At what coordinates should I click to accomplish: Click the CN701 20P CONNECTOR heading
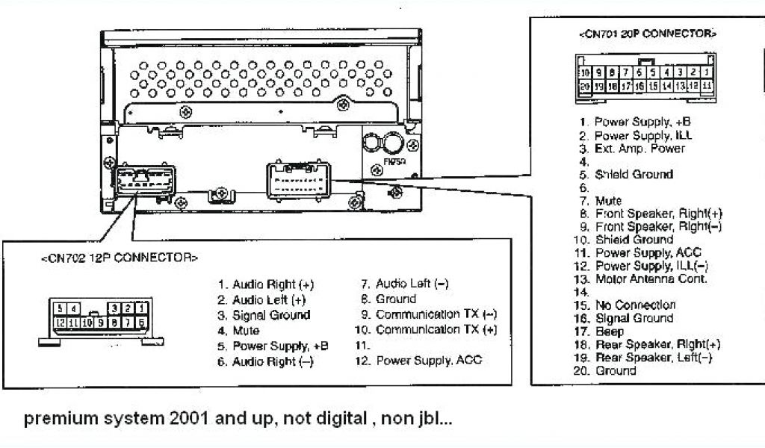pos(647,34)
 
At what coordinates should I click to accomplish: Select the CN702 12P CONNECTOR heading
pos(119,258)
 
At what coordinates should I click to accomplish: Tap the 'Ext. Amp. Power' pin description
pos(639,149)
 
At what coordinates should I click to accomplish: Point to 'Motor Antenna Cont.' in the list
pos(651,279)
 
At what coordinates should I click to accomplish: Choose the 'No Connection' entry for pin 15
pos(635,305)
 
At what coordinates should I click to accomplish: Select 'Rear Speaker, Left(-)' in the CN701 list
pos(654,357)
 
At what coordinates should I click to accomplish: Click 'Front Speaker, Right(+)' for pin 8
pos(658,213)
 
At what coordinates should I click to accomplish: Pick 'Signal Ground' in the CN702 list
pos(270,315)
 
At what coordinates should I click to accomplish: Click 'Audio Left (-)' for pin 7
pos(412,284)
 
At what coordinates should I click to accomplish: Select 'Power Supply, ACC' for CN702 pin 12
pos(429,361)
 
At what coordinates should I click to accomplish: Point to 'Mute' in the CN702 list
pos(246,330)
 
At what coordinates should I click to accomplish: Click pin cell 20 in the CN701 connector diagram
pos(586,87)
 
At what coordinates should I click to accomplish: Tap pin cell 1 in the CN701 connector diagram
pos(706,72)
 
